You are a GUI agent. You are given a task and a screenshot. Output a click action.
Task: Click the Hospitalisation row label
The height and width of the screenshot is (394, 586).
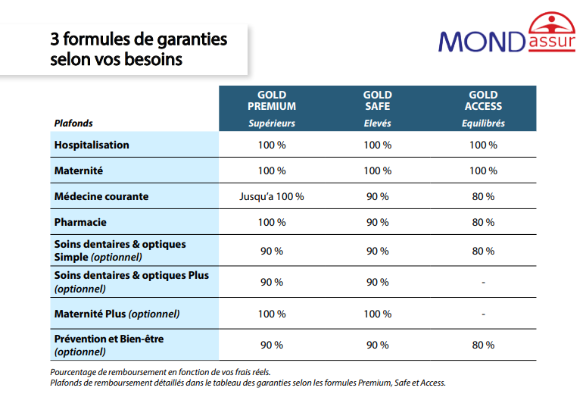92,145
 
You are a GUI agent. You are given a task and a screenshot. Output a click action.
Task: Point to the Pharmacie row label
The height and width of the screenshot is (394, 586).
80,223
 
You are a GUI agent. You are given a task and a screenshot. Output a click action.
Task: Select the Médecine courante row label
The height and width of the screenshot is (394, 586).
101,196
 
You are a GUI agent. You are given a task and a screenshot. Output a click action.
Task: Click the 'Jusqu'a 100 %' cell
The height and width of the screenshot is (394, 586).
272,196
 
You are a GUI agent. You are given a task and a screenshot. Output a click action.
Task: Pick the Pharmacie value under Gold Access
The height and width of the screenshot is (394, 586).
483,223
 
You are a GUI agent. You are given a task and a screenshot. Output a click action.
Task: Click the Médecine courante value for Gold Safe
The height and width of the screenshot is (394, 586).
377,196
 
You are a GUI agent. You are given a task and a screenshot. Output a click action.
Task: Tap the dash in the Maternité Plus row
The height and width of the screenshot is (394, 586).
483,314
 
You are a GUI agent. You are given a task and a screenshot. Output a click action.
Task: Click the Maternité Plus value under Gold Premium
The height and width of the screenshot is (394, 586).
272,314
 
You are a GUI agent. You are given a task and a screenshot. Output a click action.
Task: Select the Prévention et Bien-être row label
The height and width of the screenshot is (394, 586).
108,345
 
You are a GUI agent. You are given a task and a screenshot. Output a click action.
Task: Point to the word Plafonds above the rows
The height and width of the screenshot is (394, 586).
73,124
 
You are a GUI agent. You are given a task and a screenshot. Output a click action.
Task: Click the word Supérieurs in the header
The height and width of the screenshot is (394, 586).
272,124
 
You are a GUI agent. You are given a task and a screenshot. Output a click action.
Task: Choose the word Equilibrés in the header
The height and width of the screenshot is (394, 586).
483,124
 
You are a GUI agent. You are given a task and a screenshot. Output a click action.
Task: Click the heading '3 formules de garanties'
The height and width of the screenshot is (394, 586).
139,38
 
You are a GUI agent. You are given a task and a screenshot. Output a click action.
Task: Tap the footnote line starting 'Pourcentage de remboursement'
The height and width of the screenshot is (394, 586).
160,372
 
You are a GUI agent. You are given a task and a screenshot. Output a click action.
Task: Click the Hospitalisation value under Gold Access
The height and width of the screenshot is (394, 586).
483,145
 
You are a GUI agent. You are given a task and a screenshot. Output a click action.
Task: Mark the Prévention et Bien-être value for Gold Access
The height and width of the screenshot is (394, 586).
483,345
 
